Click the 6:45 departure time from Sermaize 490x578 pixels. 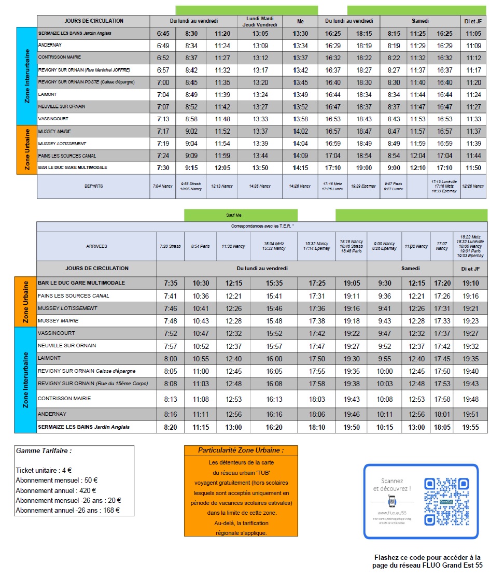click(163, 33)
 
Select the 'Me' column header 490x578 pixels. click(300, 21)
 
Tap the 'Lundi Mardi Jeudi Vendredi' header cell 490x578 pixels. click(260, 21)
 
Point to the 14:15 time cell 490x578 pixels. click(300, 168)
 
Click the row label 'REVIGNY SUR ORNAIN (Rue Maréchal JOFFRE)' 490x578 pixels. click(84, 69)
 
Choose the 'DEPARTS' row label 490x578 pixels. click(94, 186)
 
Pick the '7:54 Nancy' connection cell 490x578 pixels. click(163, 186)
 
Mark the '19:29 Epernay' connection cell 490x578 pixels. click(363, 186)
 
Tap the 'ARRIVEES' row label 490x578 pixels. click(97, 246)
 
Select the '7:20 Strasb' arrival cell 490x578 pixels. click(171, 246)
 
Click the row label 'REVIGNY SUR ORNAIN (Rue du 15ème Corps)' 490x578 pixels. click(93, 384)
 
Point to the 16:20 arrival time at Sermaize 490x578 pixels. click(274, 427)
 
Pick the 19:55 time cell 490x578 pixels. click(470, 427)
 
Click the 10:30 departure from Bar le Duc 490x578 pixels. click(201, 284)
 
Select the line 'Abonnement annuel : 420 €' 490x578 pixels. click(55, 490)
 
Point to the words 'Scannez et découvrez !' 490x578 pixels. click(391, 485)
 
